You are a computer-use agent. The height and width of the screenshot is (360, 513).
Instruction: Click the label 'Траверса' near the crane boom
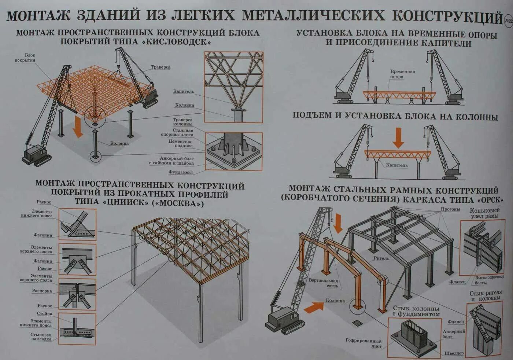[x=160, y=67]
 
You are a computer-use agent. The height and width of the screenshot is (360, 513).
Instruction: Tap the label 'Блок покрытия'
[x=25, y=58]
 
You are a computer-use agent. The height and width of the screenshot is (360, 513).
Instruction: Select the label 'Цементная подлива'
[x=181, y=143]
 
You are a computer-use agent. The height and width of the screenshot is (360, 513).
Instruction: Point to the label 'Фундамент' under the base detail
[x=181, y=172]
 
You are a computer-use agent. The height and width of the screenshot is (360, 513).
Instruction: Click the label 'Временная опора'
[x=403, y=74]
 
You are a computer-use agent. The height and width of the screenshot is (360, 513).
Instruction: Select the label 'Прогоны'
[x=450, y=209]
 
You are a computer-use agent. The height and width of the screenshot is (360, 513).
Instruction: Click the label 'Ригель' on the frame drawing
[x=381, y=258]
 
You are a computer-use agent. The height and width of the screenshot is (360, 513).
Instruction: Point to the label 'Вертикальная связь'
[x=323, y=283]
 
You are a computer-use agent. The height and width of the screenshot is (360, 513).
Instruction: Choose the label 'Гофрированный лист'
[x=363, y=344]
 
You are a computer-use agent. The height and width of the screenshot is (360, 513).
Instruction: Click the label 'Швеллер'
[x=454, y=353]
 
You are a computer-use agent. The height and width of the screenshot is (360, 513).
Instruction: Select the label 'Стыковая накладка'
[x=41, y=337]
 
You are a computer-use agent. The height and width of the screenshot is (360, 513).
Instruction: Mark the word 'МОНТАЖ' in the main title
[x=38, y=16]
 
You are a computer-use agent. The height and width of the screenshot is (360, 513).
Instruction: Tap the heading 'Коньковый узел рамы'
[x=484, y=213]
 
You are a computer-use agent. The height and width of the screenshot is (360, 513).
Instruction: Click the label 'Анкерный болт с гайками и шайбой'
[x=171, y=161]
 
